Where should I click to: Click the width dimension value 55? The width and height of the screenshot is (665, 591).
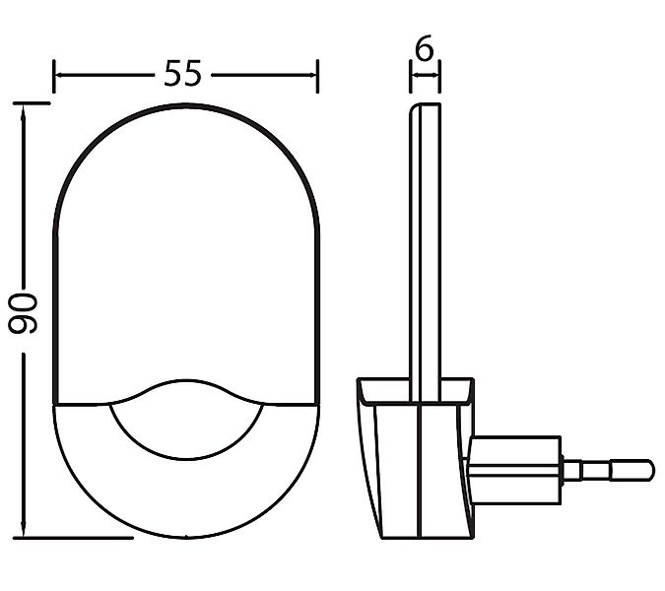coord(183,73)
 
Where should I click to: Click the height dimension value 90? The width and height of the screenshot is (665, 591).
coord(23,313)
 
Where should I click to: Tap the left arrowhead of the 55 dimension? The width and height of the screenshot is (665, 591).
coord(60,75)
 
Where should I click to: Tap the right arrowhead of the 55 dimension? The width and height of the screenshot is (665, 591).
coord(311,75)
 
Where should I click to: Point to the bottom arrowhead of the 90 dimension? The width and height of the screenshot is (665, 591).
coord(24,531)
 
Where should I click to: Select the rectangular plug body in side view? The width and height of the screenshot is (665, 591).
coord(515,470)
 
